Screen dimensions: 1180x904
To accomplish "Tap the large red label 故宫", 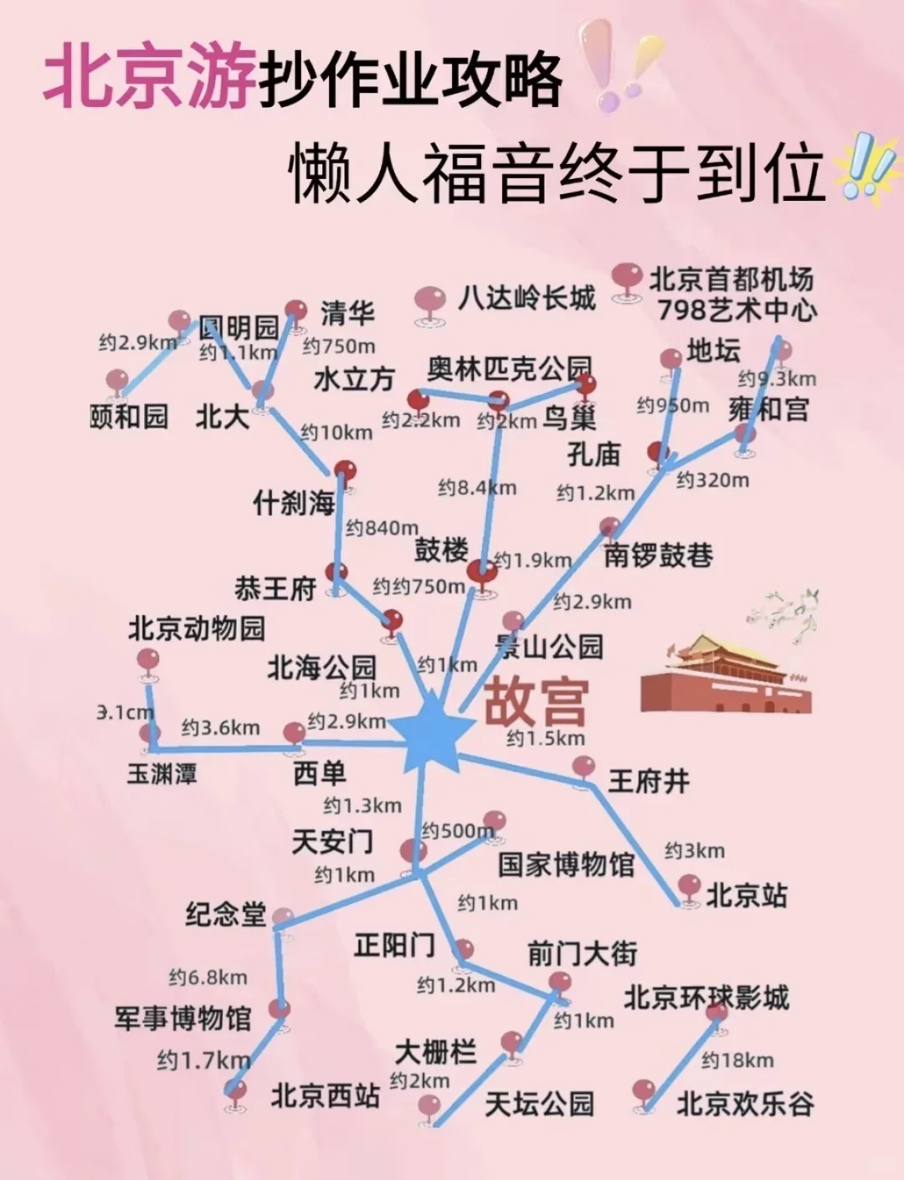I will [x=537, y=702].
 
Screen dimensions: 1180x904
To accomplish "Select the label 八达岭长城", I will [x=526, y=298].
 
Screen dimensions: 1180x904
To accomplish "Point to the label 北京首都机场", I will [x=731, y=279].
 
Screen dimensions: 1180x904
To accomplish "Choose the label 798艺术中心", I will [x=737, y=310].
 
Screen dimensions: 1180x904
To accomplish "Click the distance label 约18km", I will [x=737, y=1060].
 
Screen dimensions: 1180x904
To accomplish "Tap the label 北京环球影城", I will [x=706, y=998].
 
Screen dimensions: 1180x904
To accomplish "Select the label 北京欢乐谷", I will [x=744, y=1104].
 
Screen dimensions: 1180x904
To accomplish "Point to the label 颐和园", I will [x=129, y=416].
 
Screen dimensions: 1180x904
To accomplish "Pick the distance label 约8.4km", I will [x=477, y=487].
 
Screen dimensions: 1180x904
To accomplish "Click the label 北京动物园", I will [x=197, y=628].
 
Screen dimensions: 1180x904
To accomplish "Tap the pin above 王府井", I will [x=583, y=767].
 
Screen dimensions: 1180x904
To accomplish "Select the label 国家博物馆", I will [x=567, y=864].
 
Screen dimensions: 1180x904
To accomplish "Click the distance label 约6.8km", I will [x=208, y=977].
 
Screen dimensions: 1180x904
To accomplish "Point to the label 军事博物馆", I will [x=182, y=1018].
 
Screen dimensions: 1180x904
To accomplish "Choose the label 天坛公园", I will [x=539, y=1104].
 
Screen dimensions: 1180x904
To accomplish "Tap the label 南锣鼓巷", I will [x=659, y=555].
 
